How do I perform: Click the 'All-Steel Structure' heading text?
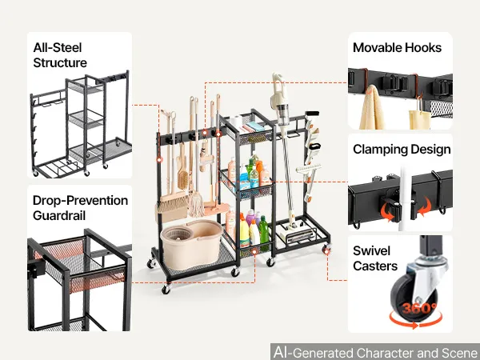(x=60, y=55)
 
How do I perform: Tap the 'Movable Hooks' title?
(x=397, y=48)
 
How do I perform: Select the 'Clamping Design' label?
(x=402, y=150)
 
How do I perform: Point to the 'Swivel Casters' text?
(x=375, y=258)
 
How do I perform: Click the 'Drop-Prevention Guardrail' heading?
(x=80, y=208)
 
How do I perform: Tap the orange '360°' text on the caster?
(x=419, y=308)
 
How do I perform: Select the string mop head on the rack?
(x=196, y=202)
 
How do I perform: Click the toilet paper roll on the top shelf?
(x=235, y=122)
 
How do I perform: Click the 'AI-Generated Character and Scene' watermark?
(x=376, y=352)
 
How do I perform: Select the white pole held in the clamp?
(x=403, y=198)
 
